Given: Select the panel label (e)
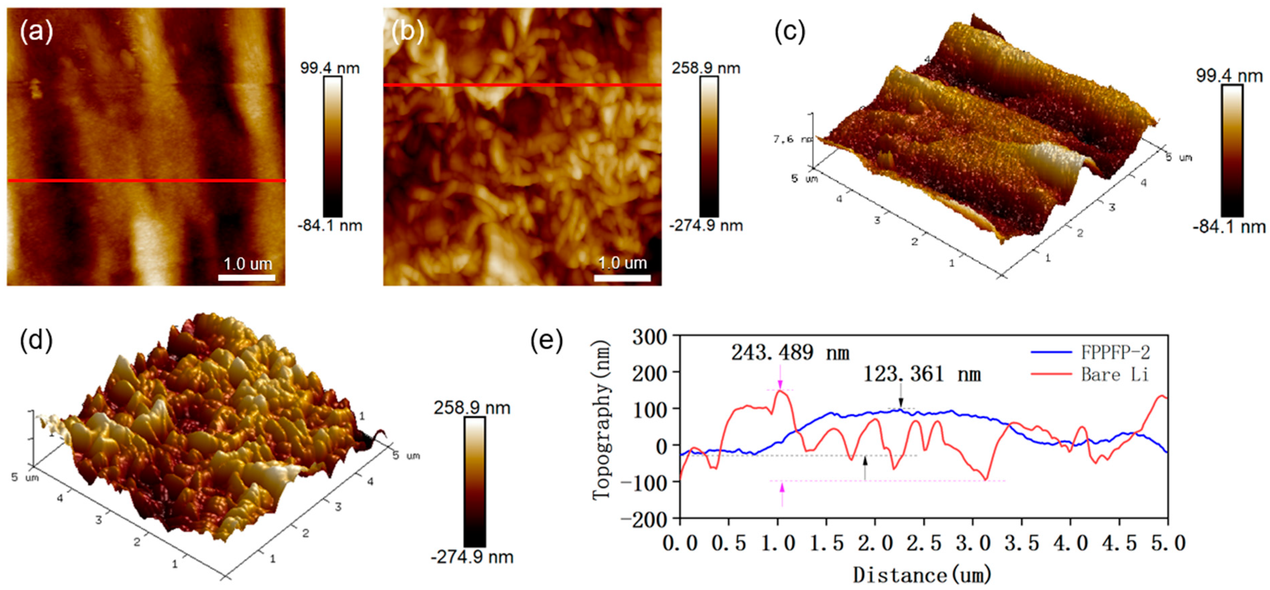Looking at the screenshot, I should point(546,340).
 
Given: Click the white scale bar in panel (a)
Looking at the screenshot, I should point(247,277).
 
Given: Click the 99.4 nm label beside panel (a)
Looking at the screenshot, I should point(330,68).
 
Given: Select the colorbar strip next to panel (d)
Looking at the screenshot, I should point(474,482).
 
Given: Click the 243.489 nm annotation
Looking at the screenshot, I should point(790,353).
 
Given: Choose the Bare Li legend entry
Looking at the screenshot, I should point(1114,374).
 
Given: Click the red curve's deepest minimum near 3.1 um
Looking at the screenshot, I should point(985,479).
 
